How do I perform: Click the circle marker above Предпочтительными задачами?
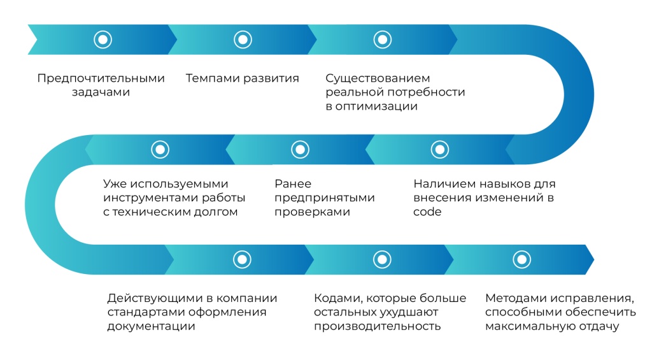103,40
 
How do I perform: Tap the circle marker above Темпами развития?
243,40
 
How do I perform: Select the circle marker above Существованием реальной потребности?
383,40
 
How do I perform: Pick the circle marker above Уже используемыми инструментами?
160,149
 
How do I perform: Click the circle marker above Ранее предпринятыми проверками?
301,149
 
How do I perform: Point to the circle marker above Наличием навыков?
440,149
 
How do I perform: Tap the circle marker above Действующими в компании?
242,259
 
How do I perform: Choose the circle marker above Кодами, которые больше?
382,259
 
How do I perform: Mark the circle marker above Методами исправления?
522,259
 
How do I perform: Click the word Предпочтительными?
101,78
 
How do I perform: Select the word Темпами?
212,78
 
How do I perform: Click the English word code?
427,212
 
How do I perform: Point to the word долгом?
217,212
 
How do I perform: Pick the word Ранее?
293,184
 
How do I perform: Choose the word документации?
151,326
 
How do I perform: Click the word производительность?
377,326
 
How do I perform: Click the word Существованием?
378,78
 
